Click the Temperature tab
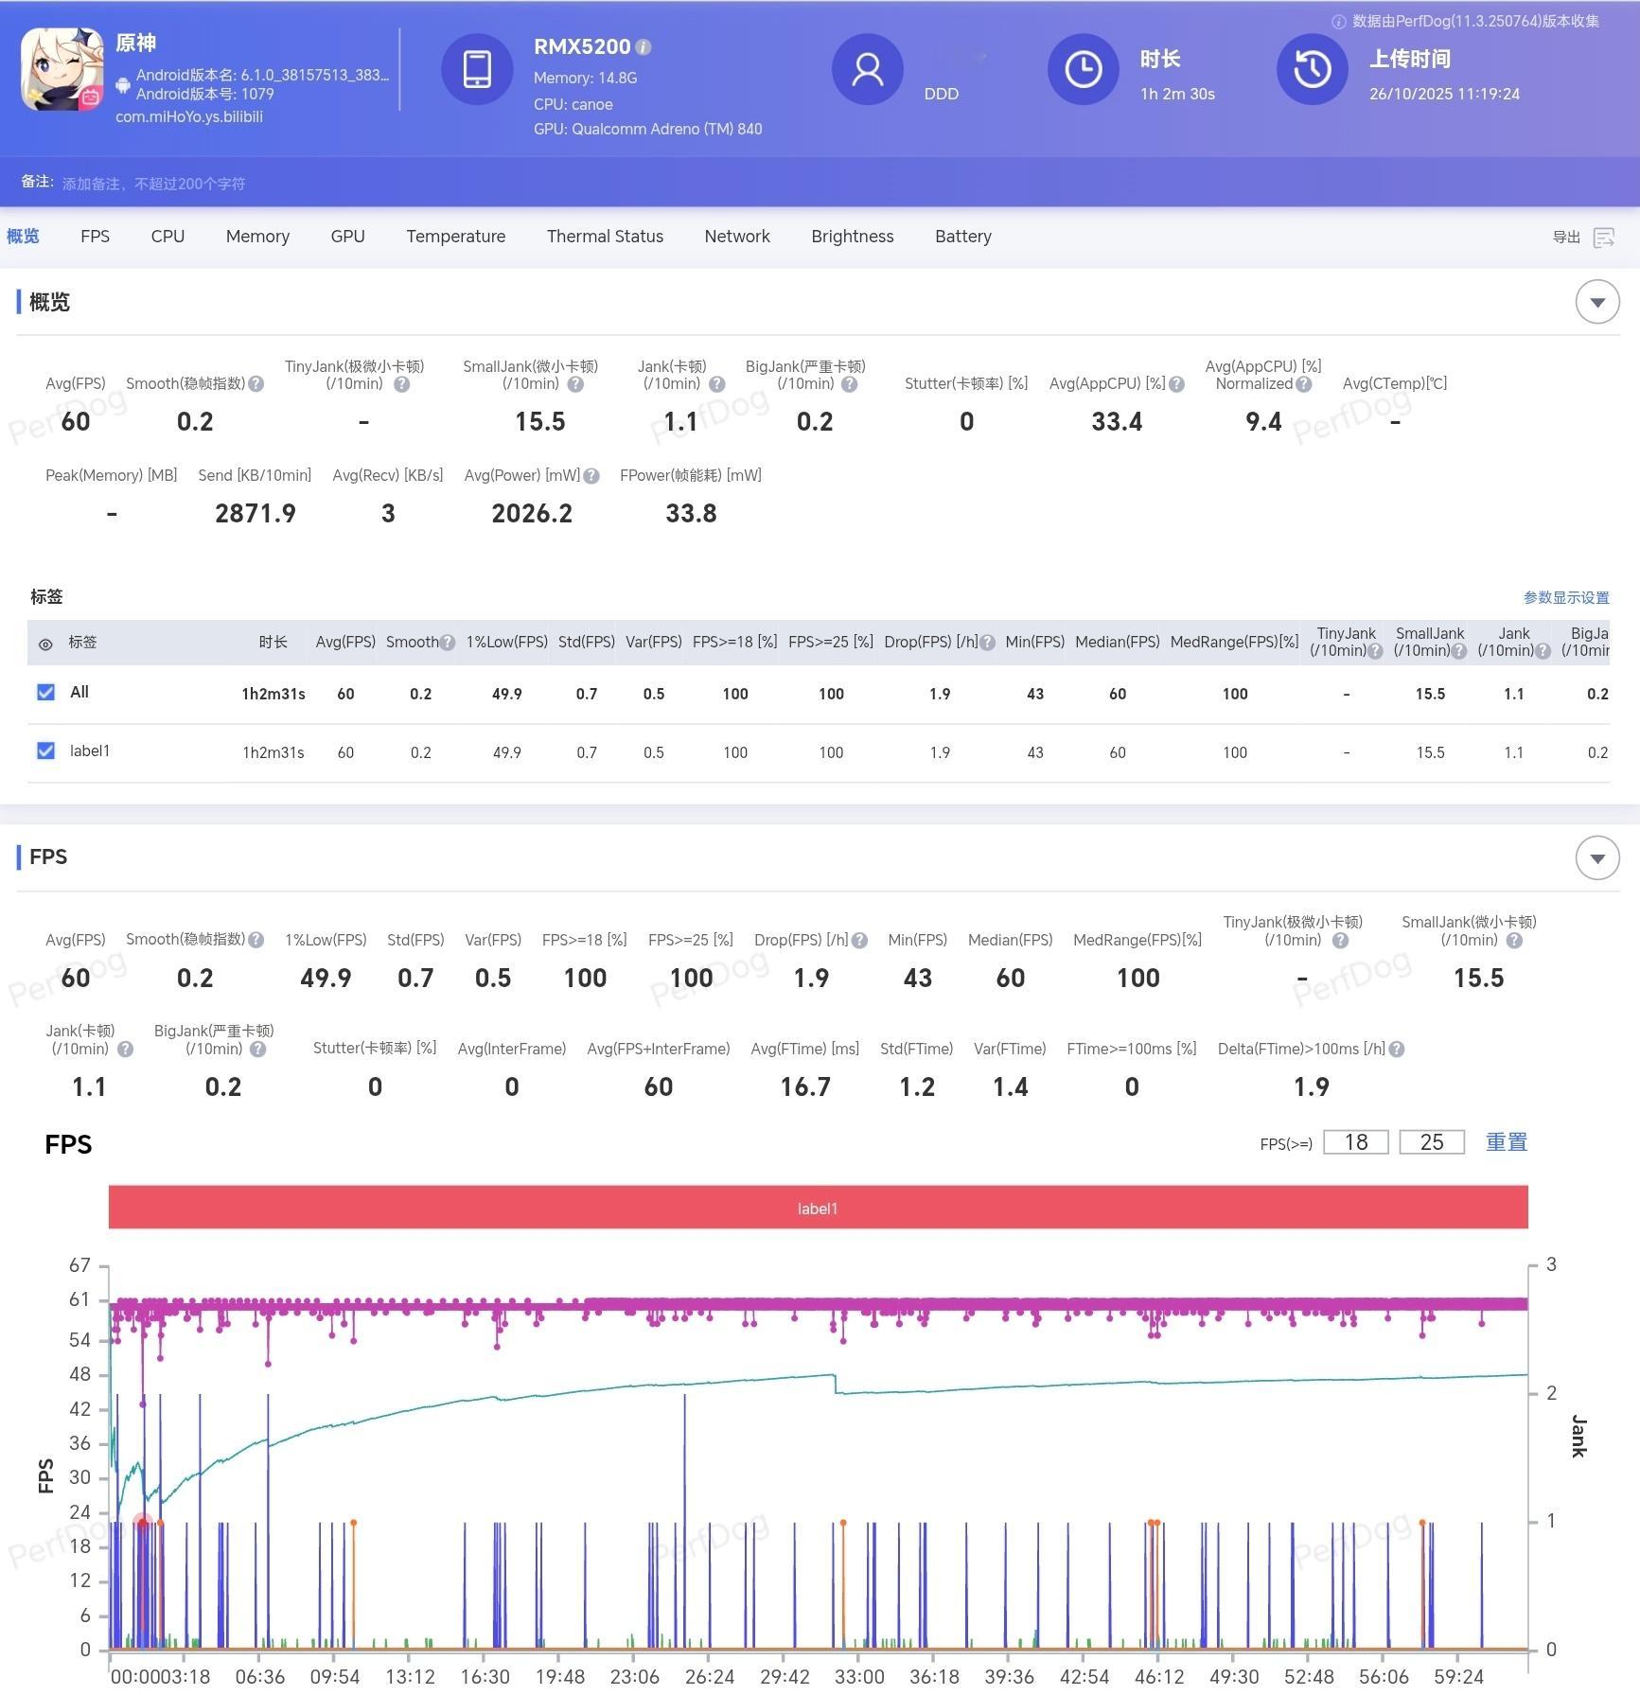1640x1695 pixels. point(455,237)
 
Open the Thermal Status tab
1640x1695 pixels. point(605,237)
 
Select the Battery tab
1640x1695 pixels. point(962,237)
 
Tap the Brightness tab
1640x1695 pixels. point(852,237)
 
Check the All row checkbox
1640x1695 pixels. point(45,692)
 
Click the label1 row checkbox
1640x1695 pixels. point(45,750)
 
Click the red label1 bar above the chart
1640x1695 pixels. point(818,1208)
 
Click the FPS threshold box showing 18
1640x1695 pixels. point(1355,1142)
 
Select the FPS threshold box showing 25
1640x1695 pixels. point(1431,1142)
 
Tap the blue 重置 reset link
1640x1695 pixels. point(1506,1142)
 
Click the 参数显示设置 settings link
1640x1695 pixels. point(1565,598)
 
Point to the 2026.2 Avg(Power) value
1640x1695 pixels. point(532,514)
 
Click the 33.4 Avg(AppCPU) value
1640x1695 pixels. point(1117,422)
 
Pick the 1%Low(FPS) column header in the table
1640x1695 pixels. point(506,643)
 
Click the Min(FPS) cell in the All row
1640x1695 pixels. point(1034,694)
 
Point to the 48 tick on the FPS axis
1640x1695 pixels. point(80,1374)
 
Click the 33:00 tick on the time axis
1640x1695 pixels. point(858,1676)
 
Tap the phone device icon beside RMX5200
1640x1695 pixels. point(477,69)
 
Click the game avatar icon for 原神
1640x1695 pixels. point(62,69)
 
